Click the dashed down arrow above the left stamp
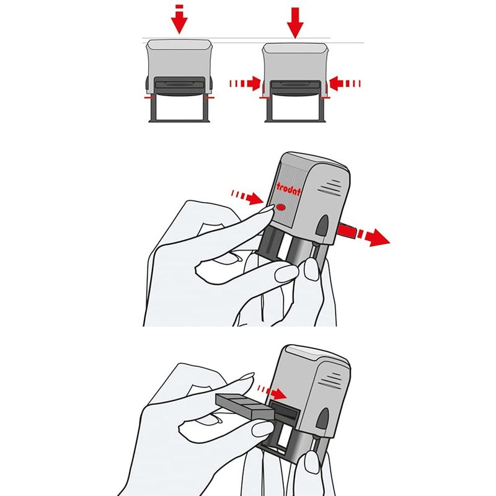(x=179, y=21)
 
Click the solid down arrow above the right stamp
(x=295, y=23)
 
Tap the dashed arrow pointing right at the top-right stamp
(x=245, y=84)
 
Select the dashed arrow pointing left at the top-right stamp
(x=345, y=84)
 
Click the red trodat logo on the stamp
(x=288, y=189)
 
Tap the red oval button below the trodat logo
(x=281, y=208)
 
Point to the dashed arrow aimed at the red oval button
(x=247, y=197)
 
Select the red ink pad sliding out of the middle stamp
(x=347, y=230)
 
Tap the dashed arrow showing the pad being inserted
(x=272, y=392)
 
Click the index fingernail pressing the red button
(x=267, y=208)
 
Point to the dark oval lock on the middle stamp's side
(x=322, y=225)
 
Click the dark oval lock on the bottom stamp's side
(x=323, y=418)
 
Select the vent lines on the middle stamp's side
(x=330, y=187)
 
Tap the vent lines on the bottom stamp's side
(x=330, y=380)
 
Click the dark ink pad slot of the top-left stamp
(x=180, y=84)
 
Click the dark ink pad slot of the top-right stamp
(x=296, y=85)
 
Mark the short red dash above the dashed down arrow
(x=179, y=6)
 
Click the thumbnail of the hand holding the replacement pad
(x=263, y=430)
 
